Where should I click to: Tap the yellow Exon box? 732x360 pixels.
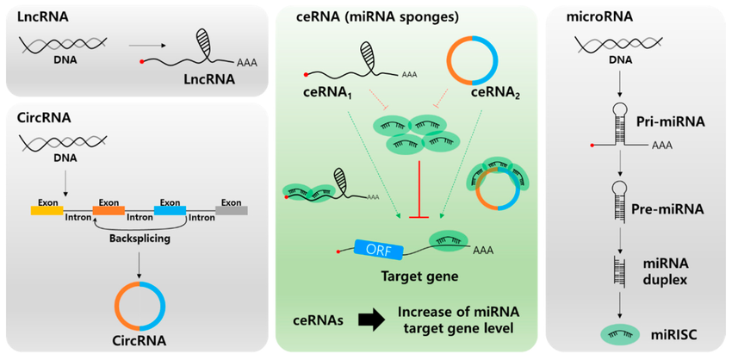point(46,209)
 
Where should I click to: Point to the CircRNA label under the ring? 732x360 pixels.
point(139,340)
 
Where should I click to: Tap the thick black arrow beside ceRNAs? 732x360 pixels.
point(372,320)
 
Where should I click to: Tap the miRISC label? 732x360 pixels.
point(672,333)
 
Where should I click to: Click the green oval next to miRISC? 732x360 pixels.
point(612,333)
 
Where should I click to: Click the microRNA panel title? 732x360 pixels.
point(593,16)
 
